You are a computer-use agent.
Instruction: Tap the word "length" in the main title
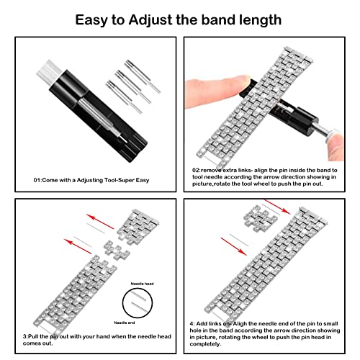pyautogui.click(x=256, y=18)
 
